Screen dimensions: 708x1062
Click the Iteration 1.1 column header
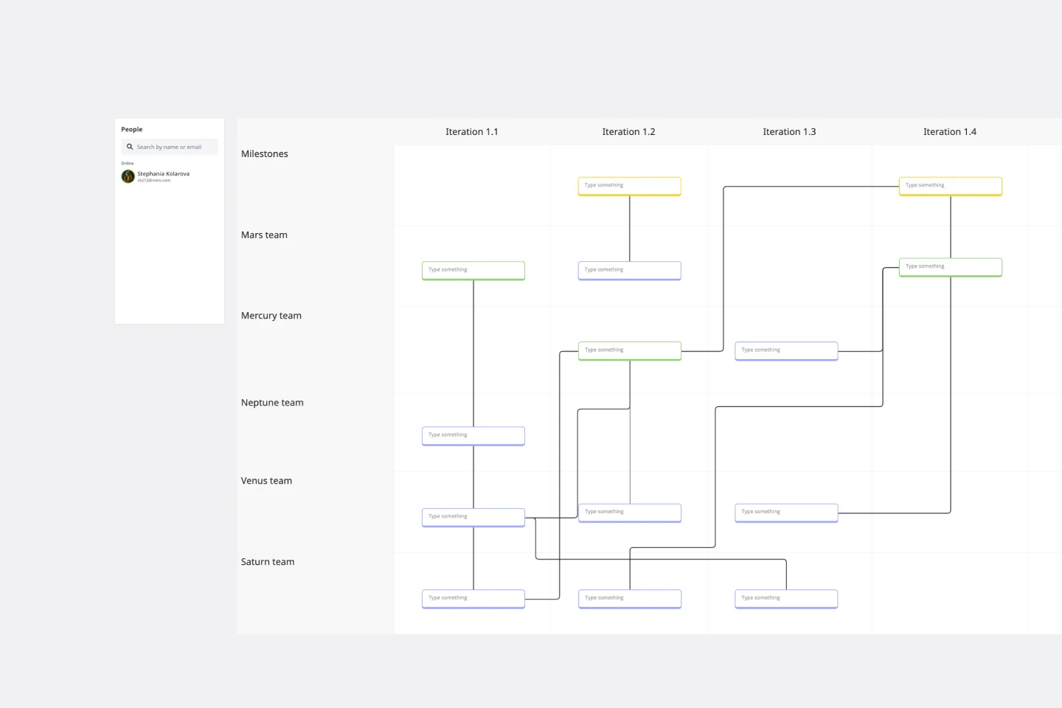click(x=471, y=132)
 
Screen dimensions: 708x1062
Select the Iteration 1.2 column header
click(x=628, y=132)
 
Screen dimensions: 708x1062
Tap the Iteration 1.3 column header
click(x=789, y=132)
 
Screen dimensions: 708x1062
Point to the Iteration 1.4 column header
click(x=949, y=132)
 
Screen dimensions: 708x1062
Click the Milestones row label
click(x=264, y=154)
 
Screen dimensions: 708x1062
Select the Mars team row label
click(x=264, y=235)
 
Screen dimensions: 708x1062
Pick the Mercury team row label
click(x=271, y=316)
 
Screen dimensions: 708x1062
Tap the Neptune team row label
click(x=272, y=403)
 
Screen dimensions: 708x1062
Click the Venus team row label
click(x=266, y=481)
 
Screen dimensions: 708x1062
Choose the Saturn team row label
click(x=267, y=562)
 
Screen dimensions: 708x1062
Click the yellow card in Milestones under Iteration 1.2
click(x=629, y=186)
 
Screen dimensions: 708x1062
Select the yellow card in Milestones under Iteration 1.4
click(x=950, y=186)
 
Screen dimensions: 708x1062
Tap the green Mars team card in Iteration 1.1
click(x=473, y=270)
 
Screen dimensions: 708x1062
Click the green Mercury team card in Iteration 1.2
click(x=629, y=350)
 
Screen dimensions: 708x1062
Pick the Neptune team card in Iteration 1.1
click(x=473, y=435)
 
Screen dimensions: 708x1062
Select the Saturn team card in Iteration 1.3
click(x=786, y=598)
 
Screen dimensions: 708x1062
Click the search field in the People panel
click(x=170, y=147)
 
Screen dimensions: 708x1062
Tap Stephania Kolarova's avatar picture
click(x=128, y=176)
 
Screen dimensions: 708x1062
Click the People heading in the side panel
click(x=132, y=129)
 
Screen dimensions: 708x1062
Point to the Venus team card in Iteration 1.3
click(x=786, y=512)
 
